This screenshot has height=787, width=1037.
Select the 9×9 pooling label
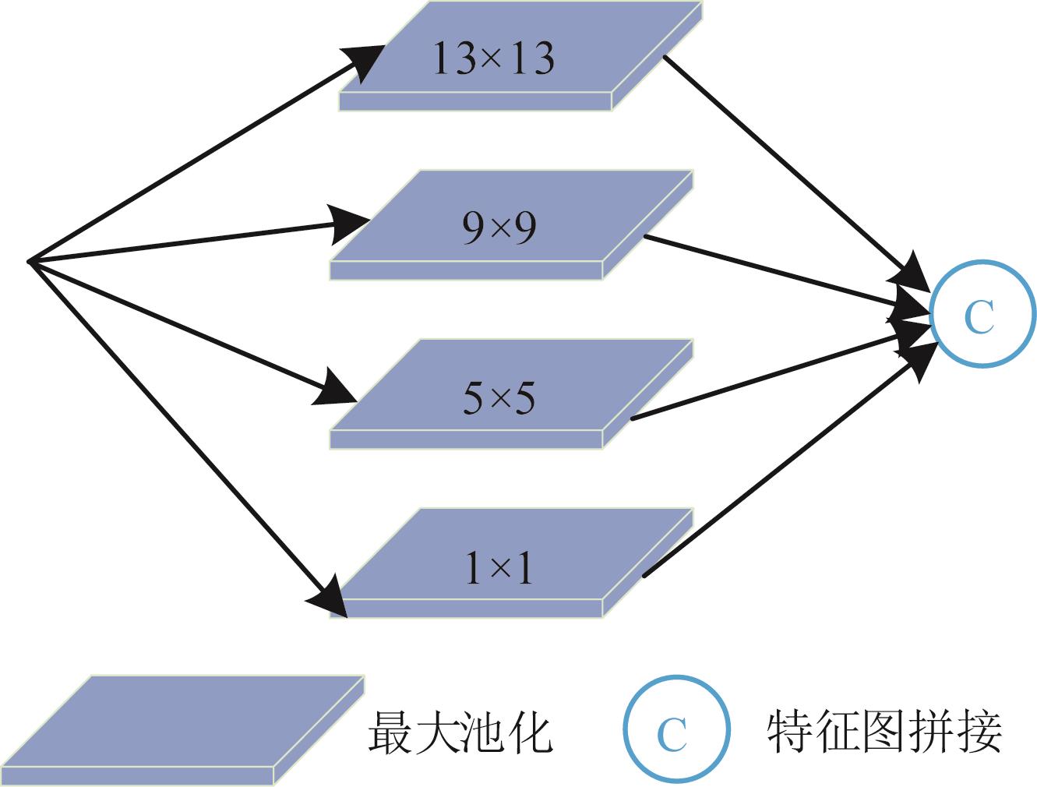499,228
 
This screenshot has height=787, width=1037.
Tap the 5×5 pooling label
499,398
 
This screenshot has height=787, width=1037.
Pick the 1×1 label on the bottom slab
499,570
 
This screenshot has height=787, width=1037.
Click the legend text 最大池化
460,731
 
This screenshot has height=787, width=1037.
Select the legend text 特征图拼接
884,731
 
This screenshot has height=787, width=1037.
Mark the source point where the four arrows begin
30,262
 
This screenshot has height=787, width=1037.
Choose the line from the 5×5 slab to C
764,378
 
